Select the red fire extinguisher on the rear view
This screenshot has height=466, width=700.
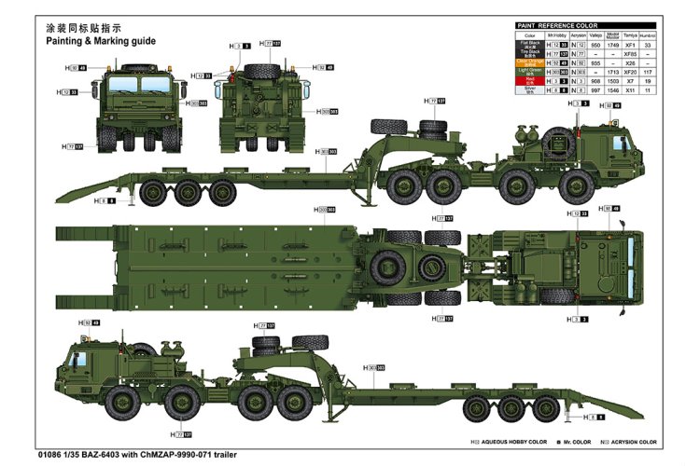(225, 88)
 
